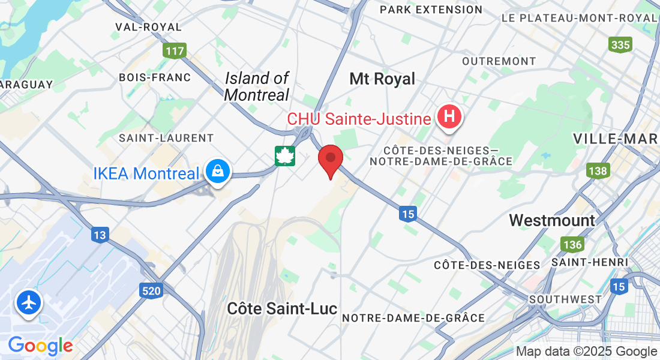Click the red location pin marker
click(330, 158)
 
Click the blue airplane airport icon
click(28, 302)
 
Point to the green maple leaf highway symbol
click(286, 156)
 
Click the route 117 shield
click(175, 51)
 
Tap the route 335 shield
click(620, 44)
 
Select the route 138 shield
click(598, 171)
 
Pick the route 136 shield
click(572, 244)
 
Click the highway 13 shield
click(100, 235)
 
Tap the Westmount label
click(552, 220)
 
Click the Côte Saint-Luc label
click(282, 308)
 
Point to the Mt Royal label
click(382, 79)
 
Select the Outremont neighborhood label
click(499, 61)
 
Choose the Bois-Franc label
click(155, 77)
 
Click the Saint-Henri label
click(589, 262)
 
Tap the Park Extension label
click(431, 10)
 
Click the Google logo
click(40, 346)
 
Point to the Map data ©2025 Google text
click(586, 352)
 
